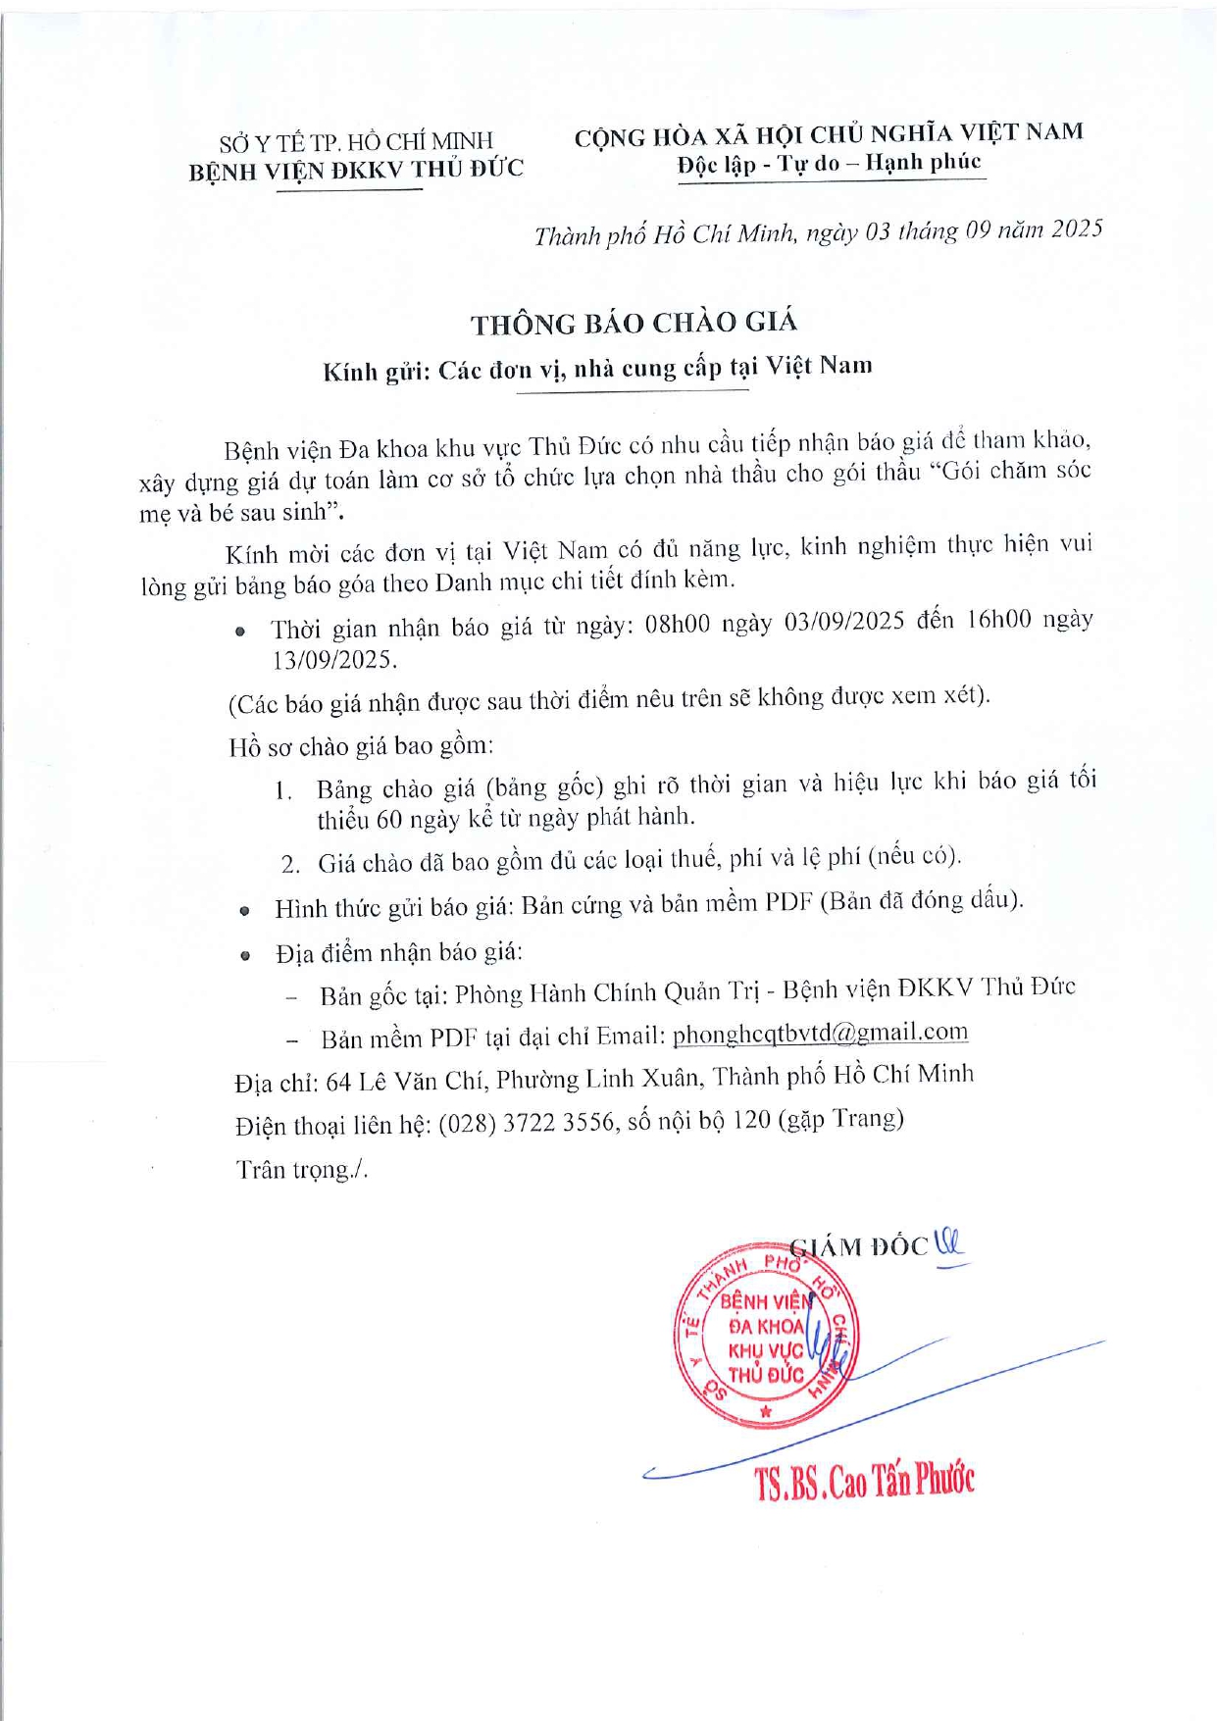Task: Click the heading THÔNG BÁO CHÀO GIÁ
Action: pyautogui.click(x=634, y=323)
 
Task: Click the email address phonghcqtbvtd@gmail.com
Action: pyautogui.click(x=820, y=1033)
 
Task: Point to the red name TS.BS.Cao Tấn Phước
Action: pyautogui.click(x=864, y=1481)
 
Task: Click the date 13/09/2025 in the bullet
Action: pyautogui.click(x=334, y=660)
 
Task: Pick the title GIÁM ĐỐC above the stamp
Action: pyautogui.click(x=859, y=1246)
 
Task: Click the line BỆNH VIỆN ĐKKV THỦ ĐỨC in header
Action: pyautogui.click(x=356, y=171)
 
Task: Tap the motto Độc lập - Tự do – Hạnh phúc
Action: pyautogui.click(x=829, y=163)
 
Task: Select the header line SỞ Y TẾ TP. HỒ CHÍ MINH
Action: pyautogui.click(x=356, y=142)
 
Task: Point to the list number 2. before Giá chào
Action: pyautogui.click(x=289, y=864)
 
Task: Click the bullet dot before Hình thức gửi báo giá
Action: pyautogui.click(x=245, y=910)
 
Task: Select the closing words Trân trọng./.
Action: pyautogui.click(x=301, y=1169)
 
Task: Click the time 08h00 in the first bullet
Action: pyautogui.click(x=678, y=624)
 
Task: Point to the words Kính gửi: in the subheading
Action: pyautogui.click(x=377, y=372)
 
